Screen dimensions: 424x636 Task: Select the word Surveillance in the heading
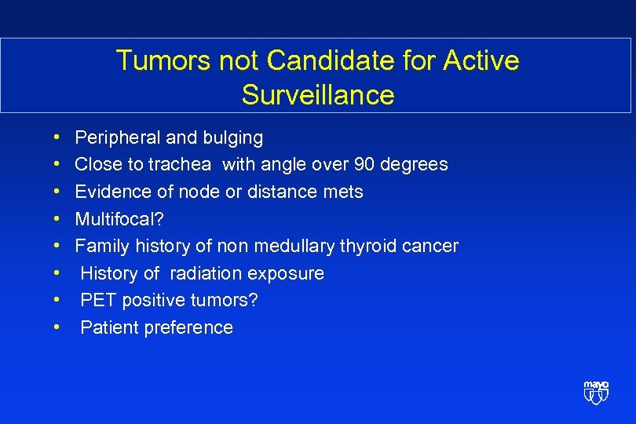tap(318, 95)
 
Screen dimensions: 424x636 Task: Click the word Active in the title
tap(480, 60)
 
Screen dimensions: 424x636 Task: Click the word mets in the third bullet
tap(342, 192)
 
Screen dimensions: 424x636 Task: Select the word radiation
tap(206, 273)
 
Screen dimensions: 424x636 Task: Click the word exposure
tap(286, 273)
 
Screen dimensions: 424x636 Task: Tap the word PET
tap(97, 301)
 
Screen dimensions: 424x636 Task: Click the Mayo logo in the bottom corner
tap(596, 392)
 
